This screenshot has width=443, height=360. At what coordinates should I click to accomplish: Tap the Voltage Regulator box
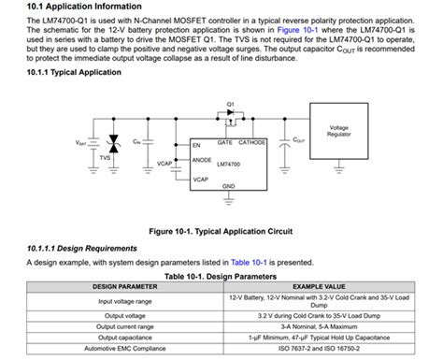(x=338, y=132)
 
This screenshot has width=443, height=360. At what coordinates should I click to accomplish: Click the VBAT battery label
(x=80, y=142)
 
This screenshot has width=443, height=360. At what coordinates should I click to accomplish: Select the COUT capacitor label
(x=298, y=140)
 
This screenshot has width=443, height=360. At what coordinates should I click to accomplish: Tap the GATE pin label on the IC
(x=225, y=143)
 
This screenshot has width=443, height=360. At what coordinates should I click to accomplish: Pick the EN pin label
(x=197, y=147)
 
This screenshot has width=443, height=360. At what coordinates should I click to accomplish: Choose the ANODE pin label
(x=202, y=160)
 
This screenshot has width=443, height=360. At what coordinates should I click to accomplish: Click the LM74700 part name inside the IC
(x=230, y=165)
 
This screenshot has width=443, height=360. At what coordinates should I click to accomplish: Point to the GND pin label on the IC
(x=229, y=185)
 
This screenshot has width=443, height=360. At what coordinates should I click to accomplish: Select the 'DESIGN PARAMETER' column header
(x=124, y=286)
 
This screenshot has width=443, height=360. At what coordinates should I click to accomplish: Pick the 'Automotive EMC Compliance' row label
(x=124, y=352)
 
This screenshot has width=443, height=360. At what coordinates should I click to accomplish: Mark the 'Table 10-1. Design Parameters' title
(x=221, y=277)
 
